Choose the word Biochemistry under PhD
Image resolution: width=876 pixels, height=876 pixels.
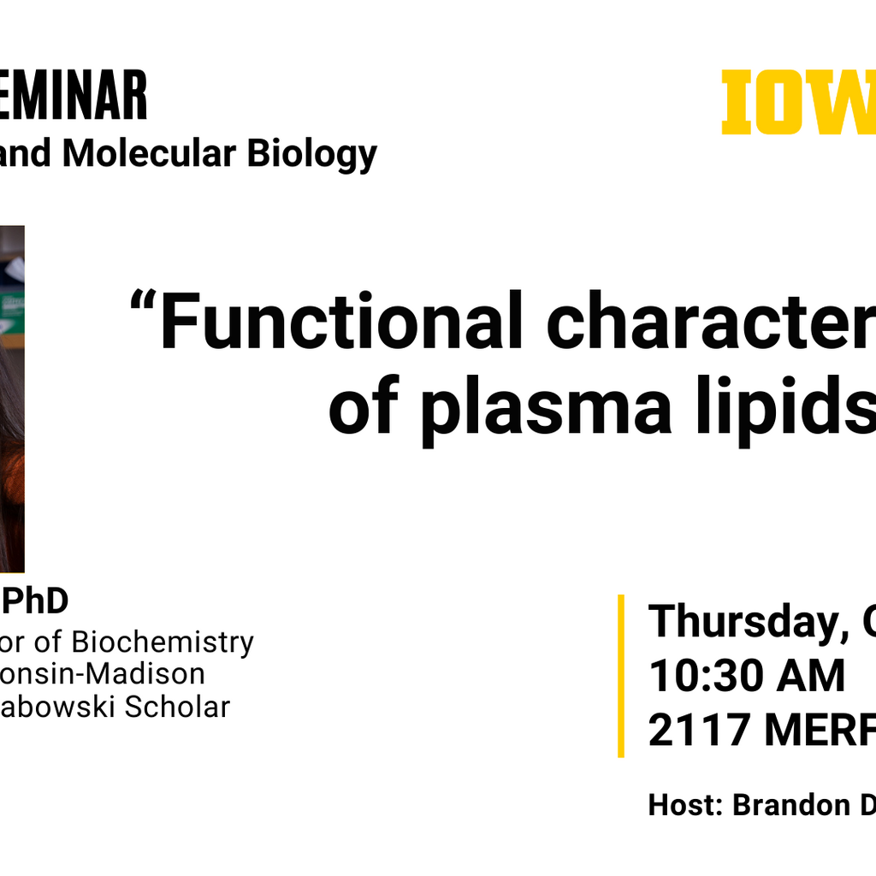point(163,642)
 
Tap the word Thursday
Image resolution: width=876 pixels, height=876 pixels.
point(740,622)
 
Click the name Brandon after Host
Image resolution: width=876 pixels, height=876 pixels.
point(787,805)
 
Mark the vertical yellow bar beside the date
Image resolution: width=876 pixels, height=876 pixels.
point(621,676)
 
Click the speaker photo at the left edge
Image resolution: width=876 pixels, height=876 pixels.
point(12,398)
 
